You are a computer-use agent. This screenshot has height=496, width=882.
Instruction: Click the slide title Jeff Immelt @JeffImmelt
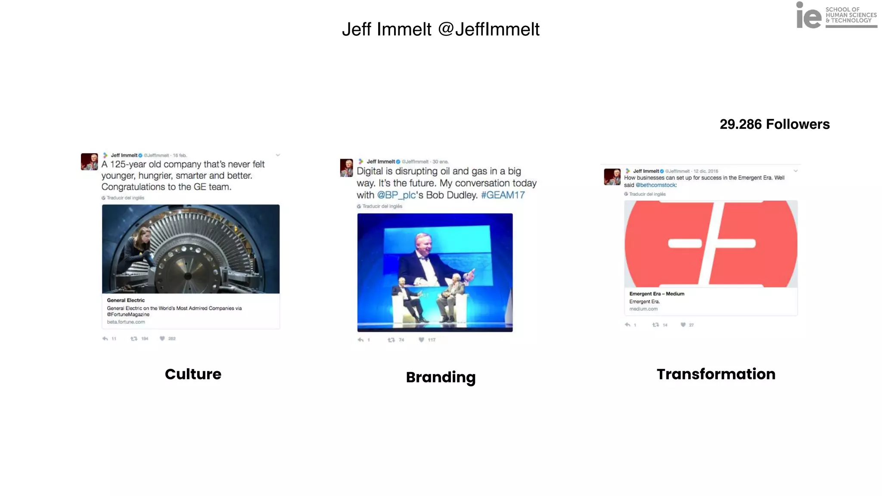click(441, 29)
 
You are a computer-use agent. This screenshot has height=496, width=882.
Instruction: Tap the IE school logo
click(835, 15)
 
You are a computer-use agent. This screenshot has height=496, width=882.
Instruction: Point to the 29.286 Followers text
click(774, 124)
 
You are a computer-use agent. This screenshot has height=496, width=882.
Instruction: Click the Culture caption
click(193, 374)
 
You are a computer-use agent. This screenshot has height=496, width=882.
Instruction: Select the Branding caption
click(441, 377)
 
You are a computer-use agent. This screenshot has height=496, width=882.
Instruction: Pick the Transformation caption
click(716, 374)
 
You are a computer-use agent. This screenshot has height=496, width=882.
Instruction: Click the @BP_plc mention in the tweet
click(396, 195)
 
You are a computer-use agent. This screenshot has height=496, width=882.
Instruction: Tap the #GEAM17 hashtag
click(503, 195)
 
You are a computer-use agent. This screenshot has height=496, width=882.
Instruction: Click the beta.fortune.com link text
click(126, 322)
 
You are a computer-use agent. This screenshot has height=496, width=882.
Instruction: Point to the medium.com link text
click(643, 309)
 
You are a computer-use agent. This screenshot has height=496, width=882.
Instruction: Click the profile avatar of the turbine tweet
click(89, 161)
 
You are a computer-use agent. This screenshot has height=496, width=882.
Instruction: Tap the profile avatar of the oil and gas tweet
click(346, 167)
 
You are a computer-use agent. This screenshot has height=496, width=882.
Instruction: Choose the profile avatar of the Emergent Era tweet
click(612, 177)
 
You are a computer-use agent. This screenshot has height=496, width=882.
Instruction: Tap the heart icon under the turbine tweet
click(162, 338)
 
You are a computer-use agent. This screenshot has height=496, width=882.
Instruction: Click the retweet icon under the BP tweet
click(391, 340)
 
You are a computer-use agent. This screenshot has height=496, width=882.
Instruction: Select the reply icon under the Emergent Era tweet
click(627, 325)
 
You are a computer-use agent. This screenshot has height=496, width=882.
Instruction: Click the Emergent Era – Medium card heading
click(656, 294)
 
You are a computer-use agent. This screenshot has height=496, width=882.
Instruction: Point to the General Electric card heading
click(126, 300)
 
